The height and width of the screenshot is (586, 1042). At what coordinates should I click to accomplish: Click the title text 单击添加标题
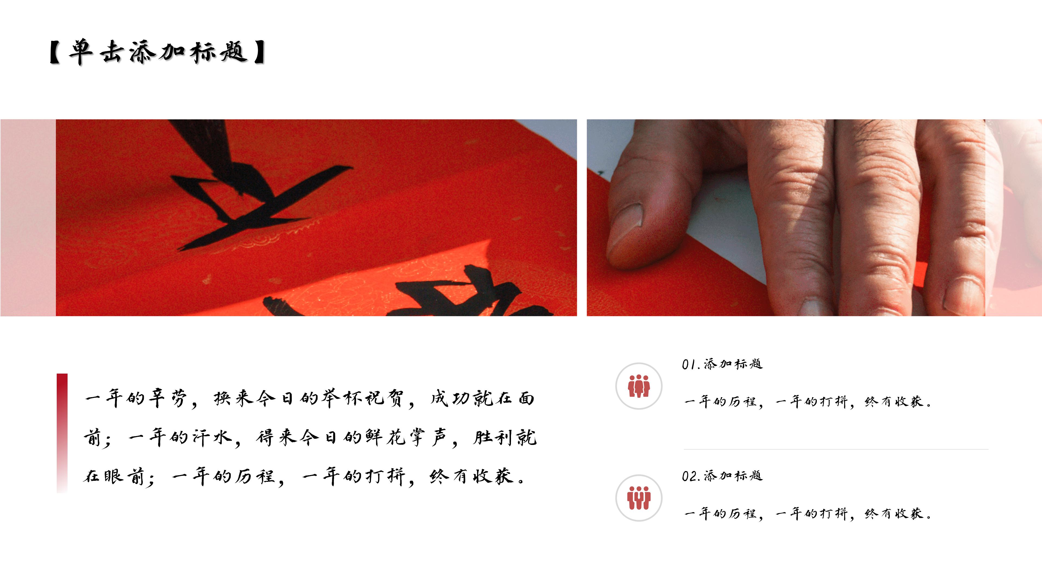pyautogui.click(x=158, y=53)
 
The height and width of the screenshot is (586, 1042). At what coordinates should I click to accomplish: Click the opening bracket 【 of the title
pyautogui.click(x=55, y=53)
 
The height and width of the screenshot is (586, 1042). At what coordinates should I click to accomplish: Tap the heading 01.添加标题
pyautogui.click(x=722, y=364)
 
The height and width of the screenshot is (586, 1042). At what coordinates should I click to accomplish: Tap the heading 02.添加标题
pyautogui.click(x=722, y=476)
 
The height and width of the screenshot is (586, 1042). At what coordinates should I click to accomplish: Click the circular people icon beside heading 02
pyautogui.click(x=639, y=498)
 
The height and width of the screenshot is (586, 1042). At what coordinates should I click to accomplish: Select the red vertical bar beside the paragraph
pyautogui.click(x=62, y=433)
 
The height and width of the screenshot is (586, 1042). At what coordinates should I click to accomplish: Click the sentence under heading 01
pyautogui.click(x=807, y=402)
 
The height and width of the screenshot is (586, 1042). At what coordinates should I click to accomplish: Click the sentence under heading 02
pyautogui.click(x=807, y=514)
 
